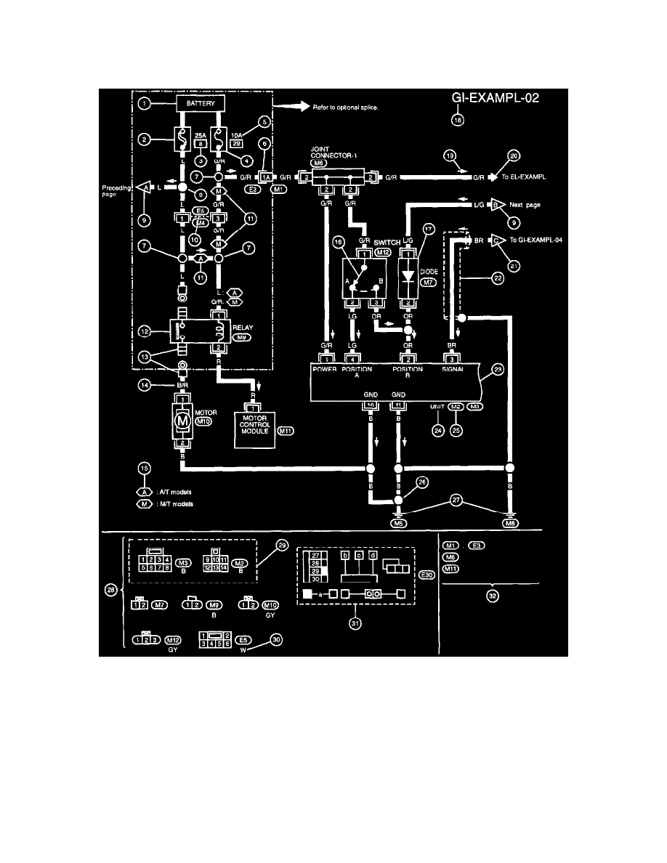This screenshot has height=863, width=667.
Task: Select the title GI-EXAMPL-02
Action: coord(493,100)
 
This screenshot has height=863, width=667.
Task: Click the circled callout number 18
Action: coord(457,122)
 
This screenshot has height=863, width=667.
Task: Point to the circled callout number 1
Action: coord(145,105)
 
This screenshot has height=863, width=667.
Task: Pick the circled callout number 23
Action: coord(496,370)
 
